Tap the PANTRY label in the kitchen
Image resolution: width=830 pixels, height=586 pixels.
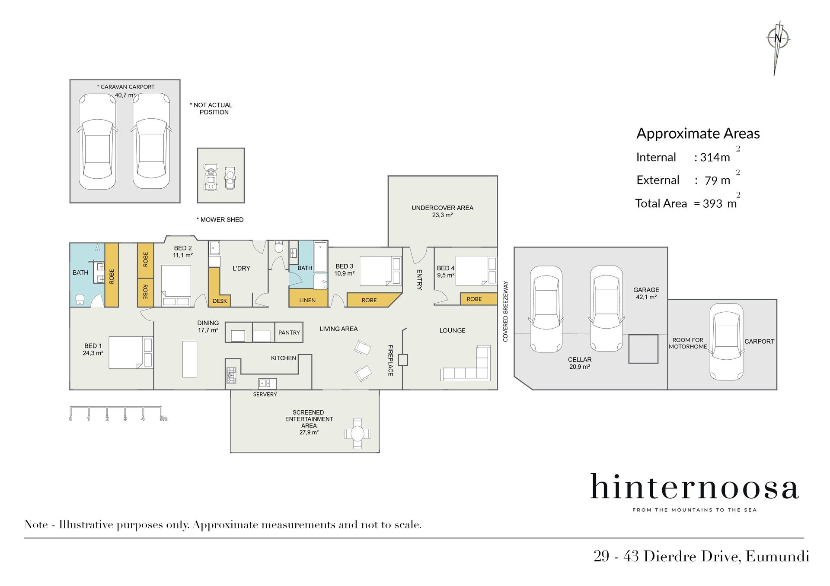click(289, 333)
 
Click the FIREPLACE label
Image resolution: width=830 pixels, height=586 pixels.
click(390, 360)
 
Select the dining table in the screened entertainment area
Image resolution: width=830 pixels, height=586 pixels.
click(358, 433)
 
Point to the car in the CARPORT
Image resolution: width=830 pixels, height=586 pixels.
click(727, 342)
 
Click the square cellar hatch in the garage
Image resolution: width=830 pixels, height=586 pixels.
click(643, 349)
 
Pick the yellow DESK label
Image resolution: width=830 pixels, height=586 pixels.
click(220, 301)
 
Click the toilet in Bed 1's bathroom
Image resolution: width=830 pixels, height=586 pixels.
click(80, 299)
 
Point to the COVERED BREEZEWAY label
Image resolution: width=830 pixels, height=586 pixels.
click(505, 311)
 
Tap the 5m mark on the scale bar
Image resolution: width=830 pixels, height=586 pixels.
click(163, 418)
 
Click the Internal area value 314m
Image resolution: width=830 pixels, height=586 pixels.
click(715, 157)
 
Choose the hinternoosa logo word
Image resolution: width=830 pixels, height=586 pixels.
click(694, 487)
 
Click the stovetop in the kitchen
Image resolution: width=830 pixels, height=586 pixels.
click(231, 375)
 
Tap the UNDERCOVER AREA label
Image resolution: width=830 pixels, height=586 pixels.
click(442, 208)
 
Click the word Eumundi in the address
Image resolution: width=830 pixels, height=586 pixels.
click(777, 556)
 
